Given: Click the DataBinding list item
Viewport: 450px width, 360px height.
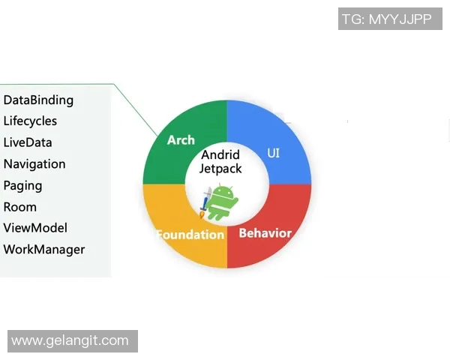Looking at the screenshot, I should [38, 100].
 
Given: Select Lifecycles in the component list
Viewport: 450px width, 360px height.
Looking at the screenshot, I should [30, 121].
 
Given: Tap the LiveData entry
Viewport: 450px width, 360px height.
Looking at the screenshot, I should [28, 142].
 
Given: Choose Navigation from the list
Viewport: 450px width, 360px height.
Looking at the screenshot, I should [34, 164].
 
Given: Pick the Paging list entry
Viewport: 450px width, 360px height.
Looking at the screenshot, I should [22, 185].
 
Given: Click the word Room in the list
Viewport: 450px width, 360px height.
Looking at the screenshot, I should [20, 207].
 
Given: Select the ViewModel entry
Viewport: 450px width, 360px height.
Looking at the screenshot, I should [35, 228].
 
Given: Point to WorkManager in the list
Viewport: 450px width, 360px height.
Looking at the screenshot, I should [44, 250].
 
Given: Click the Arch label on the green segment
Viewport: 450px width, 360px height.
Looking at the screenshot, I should [181, 140].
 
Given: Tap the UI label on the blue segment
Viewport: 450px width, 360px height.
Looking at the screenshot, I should [274, 153].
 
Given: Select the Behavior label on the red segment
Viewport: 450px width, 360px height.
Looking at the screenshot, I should [265, 233].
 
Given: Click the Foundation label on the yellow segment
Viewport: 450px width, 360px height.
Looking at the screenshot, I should [190, 235].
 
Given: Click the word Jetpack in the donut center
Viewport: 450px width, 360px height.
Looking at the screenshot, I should [220, 169].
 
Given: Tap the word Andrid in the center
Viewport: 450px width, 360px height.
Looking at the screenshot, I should [220, 155].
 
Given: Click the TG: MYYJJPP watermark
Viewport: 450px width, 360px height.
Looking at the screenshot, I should [386, 19].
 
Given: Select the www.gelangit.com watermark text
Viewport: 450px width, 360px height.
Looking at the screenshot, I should [70, 340].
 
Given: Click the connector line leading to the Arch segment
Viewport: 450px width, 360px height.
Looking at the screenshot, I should [135, 109].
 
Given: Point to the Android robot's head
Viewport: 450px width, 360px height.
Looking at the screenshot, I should [223, 190].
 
